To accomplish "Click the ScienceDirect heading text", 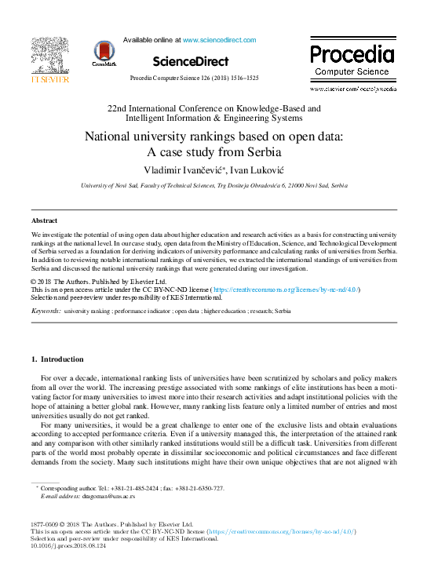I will pyautogui.click(x=191, y=61).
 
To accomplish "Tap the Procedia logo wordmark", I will pyautogui.click(x=351, y=54).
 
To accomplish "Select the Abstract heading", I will pyautogui.click(x=44, y=221).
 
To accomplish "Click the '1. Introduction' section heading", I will pyautogui.click(x=57, y=359).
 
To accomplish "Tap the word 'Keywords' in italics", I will pyautogui.click(x=46, y=312).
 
